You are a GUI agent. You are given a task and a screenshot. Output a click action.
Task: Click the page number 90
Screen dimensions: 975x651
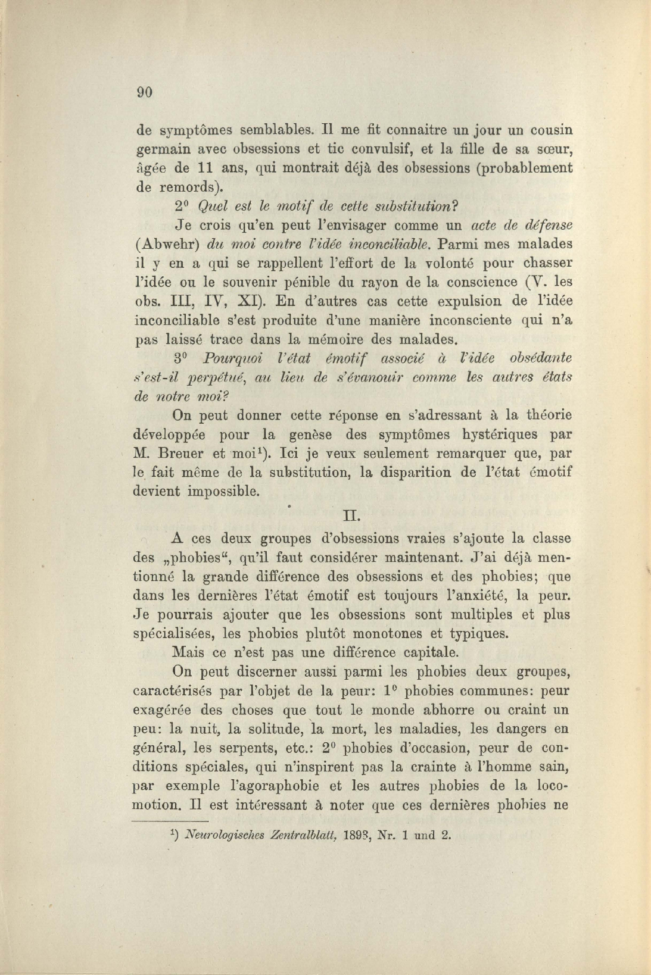coord(145,92)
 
